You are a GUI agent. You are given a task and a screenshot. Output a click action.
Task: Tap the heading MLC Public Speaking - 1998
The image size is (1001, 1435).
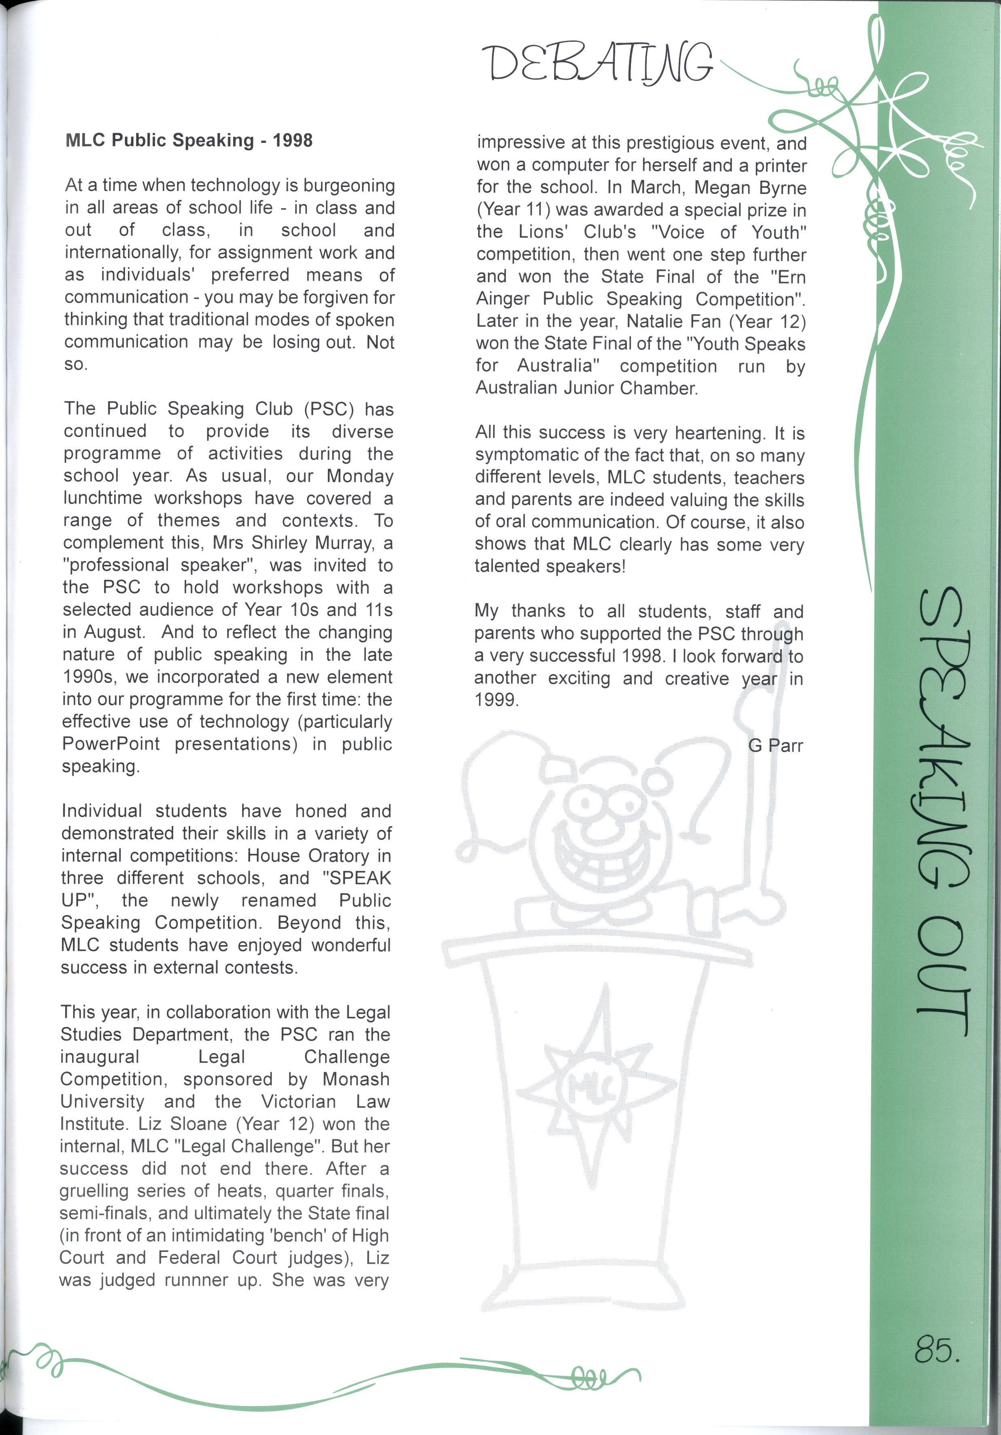pyautogui.click(x=189, y=141)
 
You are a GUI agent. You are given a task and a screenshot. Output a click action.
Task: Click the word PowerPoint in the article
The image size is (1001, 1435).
pyautogui.click(x=111, y=744)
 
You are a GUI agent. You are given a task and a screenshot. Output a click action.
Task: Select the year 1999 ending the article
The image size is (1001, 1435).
pyautogui.click(x=497, y=700)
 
